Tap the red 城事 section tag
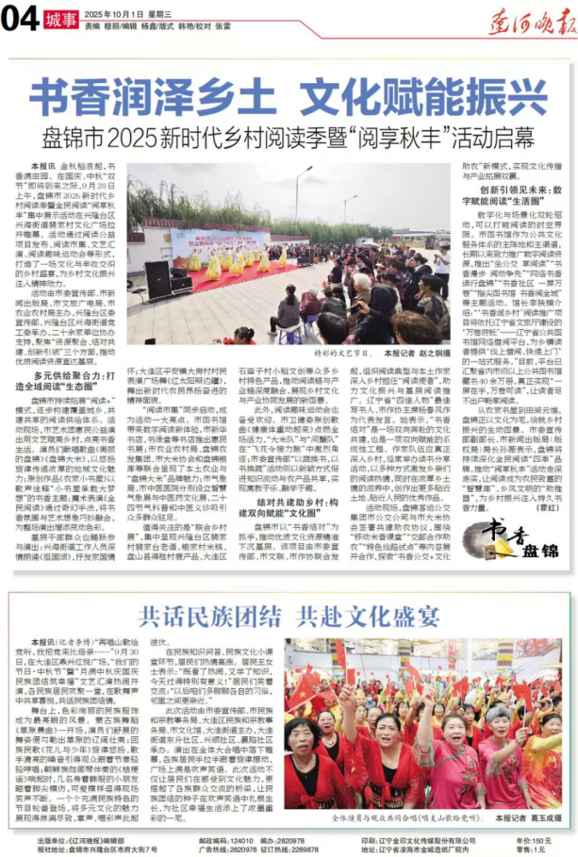(58, 19)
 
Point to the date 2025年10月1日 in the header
(107, 14)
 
